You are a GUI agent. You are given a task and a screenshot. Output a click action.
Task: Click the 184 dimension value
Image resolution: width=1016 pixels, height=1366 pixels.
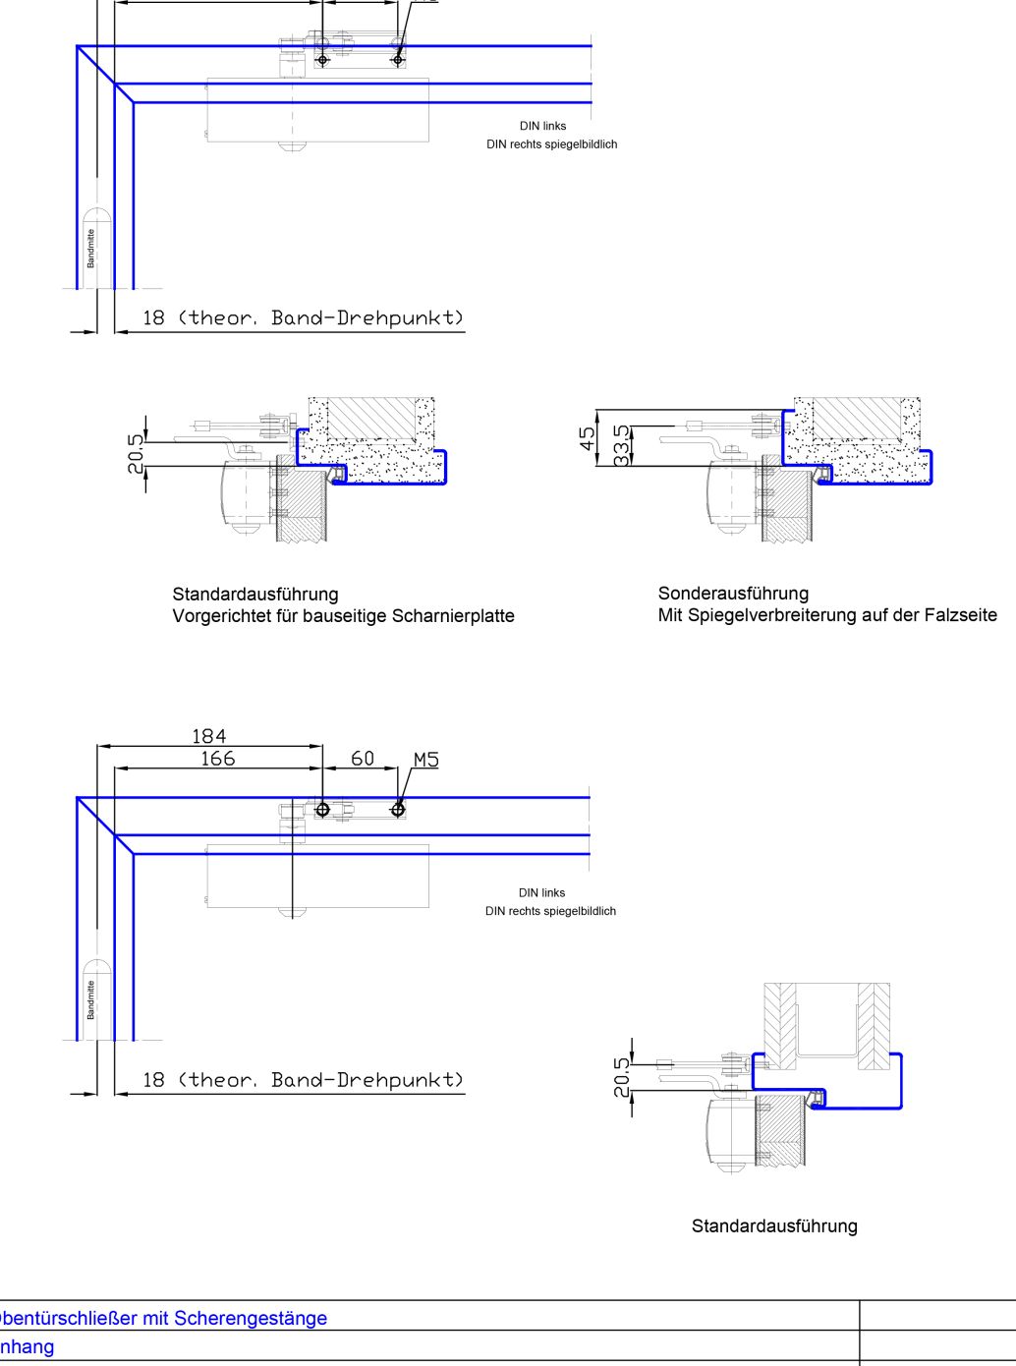208,736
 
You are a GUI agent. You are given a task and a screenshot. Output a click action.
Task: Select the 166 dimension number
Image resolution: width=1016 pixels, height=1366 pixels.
217,759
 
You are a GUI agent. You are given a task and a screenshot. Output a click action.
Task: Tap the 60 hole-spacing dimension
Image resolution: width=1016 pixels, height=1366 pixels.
363,759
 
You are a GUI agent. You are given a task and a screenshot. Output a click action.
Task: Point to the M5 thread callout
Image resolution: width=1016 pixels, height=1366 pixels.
425,760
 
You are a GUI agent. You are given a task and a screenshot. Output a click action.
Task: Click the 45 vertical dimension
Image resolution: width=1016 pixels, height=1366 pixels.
588,438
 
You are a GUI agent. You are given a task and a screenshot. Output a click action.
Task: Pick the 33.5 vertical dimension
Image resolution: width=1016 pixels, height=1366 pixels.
621,444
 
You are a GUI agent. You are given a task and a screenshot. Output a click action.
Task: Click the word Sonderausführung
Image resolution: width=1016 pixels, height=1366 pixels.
733,594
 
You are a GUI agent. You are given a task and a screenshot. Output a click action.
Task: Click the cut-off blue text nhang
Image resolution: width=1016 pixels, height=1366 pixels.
28,1346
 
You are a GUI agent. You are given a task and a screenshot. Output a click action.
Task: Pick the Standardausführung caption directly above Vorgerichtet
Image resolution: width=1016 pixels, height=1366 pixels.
254,594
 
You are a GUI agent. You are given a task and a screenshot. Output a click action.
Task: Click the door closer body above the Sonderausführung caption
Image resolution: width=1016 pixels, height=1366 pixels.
731,495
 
